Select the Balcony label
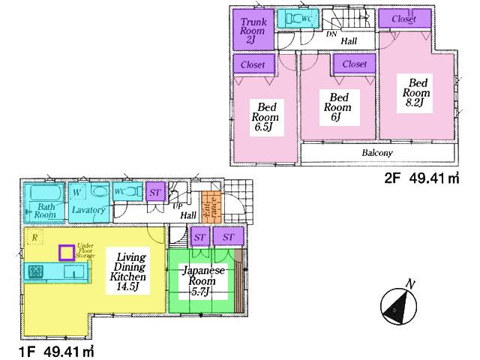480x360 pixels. point(376,152)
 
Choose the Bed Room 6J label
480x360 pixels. point(339,106)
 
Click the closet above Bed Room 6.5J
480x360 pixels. point(253,64)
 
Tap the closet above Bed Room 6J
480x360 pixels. point(354,64)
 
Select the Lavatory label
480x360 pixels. point(88,211)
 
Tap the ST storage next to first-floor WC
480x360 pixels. point(155,193)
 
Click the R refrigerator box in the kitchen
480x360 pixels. point(33,238)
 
